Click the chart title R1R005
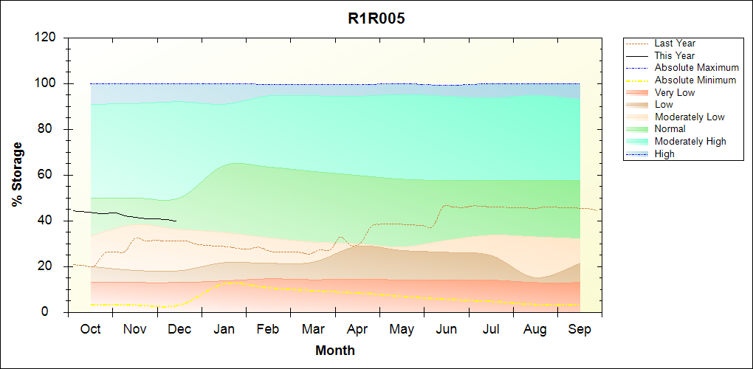[376, 19]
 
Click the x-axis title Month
[335, 351]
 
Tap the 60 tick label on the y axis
[51, 175]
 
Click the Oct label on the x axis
[90, 329]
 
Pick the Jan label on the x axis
[224, 329]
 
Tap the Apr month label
[357, 329]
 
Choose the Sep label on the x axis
[580, 329]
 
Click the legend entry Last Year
[674, 44]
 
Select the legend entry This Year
[674, 55]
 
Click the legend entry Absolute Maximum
[696, 68]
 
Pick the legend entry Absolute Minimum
[695, 80]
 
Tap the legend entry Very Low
[675, 92]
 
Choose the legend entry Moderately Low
[690, 117]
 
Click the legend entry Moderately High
[690, 141]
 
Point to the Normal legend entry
[670, 129]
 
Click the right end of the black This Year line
[176, 221]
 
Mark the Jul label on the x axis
[491, 329]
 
